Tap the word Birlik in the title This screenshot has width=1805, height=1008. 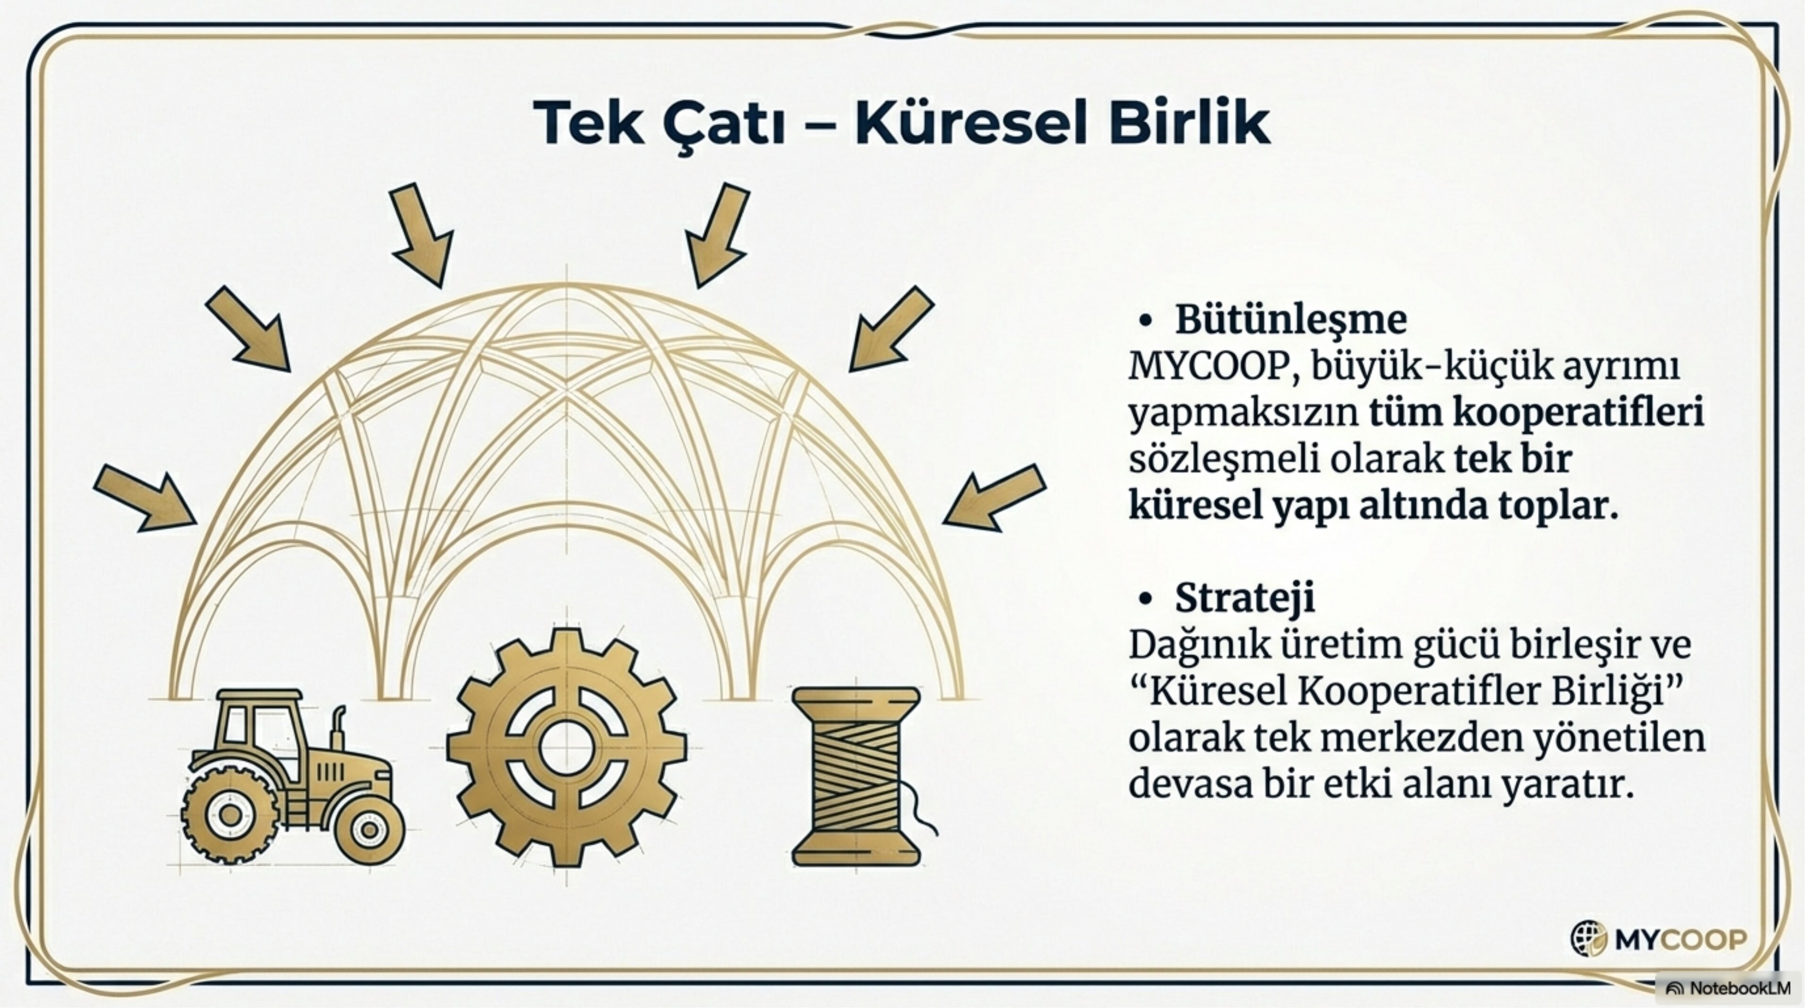[x=1190, y=123]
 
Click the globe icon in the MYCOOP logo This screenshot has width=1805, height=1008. [x=1588, y=938]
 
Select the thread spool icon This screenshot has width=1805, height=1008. [x=856, y=776]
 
